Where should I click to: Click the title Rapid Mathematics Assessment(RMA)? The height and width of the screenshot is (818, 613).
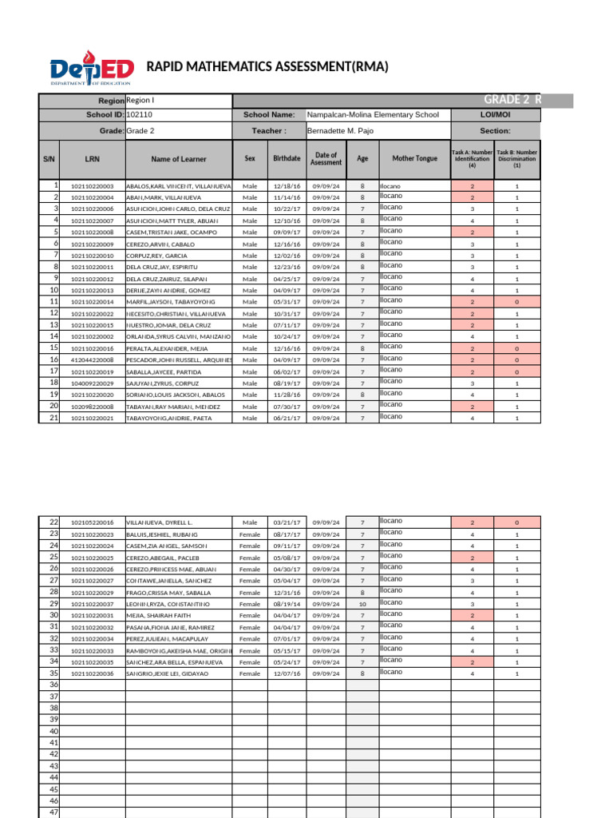click(x=267, y=67)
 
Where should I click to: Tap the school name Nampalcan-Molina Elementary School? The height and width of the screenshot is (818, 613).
click(x=373, y=115)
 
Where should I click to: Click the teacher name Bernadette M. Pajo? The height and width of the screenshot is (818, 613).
click(x=340, y=130)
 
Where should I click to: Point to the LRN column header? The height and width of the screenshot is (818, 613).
click(x=92, y=159)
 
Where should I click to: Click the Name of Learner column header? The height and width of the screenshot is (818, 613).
click(x=179, y=159)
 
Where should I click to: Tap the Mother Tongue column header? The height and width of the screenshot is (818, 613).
click(x=415, y=159)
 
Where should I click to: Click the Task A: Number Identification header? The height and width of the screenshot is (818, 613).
click(x=472, y=159)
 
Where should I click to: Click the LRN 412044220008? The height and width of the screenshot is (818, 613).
click(x=93, y=360)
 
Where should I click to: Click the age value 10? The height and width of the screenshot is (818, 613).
click(x=362, y=604)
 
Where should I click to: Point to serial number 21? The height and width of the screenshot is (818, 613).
click(x=54, y=418)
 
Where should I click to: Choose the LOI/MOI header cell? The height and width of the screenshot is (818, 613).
click(x=496, y=115)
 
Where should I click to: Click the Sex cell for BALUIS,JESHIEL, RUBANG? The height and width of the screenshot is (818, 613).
click(x=250, y=534)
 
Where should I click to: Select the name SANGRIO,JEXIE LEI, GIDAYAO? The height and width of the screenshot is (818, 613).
click(x=168, y=674)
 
